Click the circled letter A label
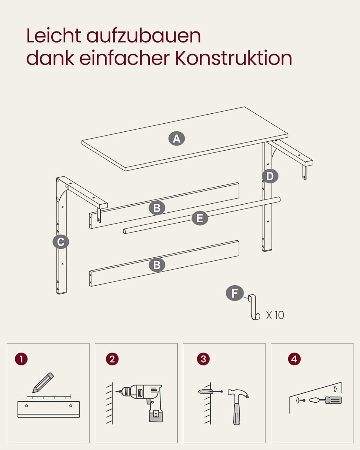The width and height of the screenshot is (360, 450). (176, 138)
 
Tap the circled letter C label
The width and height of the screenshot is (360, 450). (61, 242)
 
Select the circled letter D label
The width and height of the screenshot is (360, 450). (270, 176)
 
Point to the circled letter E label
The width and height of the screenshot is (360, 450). (200, 218)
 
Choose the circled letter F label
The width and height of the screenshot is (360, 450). (235, 293)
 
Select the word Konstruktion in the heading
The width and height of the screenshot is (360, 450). (233, 58)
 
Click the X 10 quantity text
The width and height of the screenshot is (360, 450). (275, 315)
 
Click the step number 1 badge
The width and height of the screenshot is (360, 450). (21, 359)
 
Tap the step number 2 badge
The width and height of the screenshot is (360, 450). (112, 359)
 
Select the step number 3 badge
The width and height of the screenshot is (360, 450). (203, 359)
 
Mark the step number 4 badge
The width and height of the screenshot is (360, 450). (294, 359)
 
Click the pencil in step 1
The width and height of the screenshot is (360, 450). (43, 382)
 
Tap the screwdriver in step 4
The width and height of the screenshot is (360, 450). (325, 400)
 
